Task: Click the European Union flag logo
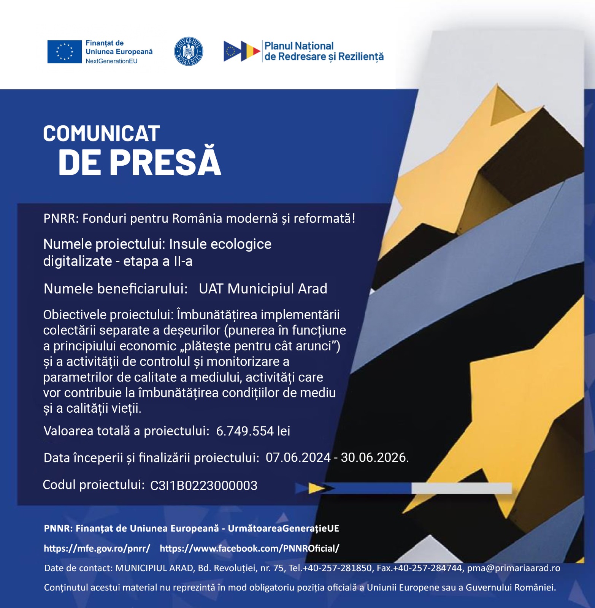[64, 52]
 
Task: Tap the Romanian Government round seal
[188, 52]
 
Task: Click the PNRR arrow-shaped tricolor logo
[242, 51]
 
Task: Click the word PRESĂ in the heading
[165, 162]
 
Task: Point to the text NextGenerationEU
[111, 61]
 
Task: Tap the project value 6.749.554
[245, 431]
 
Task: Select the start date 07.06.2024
[298, 457]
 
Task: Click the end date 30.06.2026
[374, 457]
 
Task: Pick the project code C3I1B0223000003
[204, 485]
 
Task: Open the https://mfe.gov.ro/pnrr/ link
[97, 548]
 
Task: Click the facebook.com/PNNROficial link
[249, 548]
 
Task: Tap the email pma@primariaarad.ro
[514, 568]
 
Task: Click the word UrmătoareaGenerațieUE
[283, 528]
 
